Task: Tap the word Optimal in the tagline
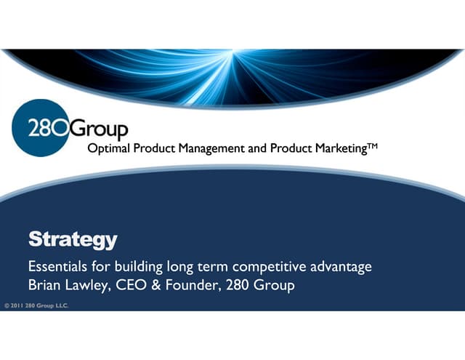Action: [x=108, y=148]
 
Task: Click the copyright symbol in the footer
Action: [x=7, y=305]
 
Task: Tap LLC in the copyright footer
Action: [x=60, y=305]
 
